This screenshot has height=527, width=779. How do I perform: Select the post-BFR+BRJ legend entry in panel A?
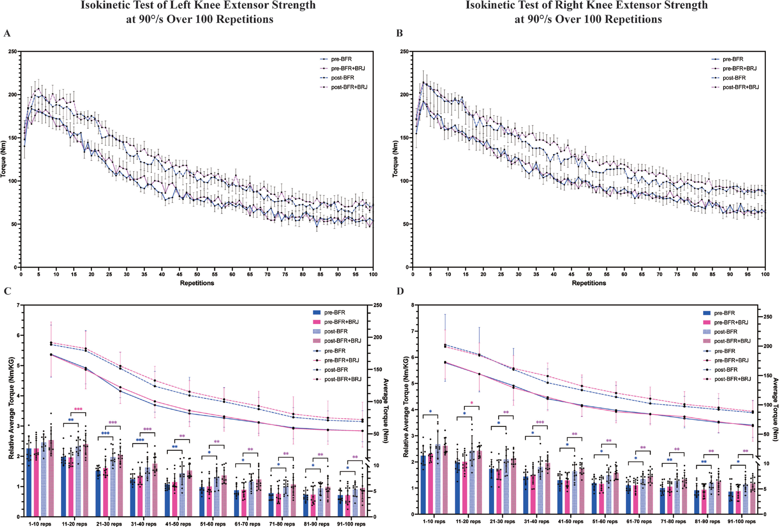point(349,87)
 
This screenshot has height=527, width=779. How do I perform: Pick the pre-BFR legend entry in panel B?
point(733,59)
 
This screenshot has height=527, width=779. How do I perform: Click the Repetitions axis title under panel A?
point(197,283)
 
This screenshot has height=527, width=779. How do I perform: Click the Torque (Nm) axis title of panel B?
point(396,159)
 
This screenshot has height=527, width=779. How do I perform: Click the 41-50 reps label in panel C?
point(178,524)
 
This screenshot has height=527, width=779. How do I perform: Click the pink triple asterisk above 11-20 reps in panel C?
point(78,409)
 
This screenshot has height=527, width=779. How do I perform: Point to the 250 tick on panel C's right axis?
point(378,305)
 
